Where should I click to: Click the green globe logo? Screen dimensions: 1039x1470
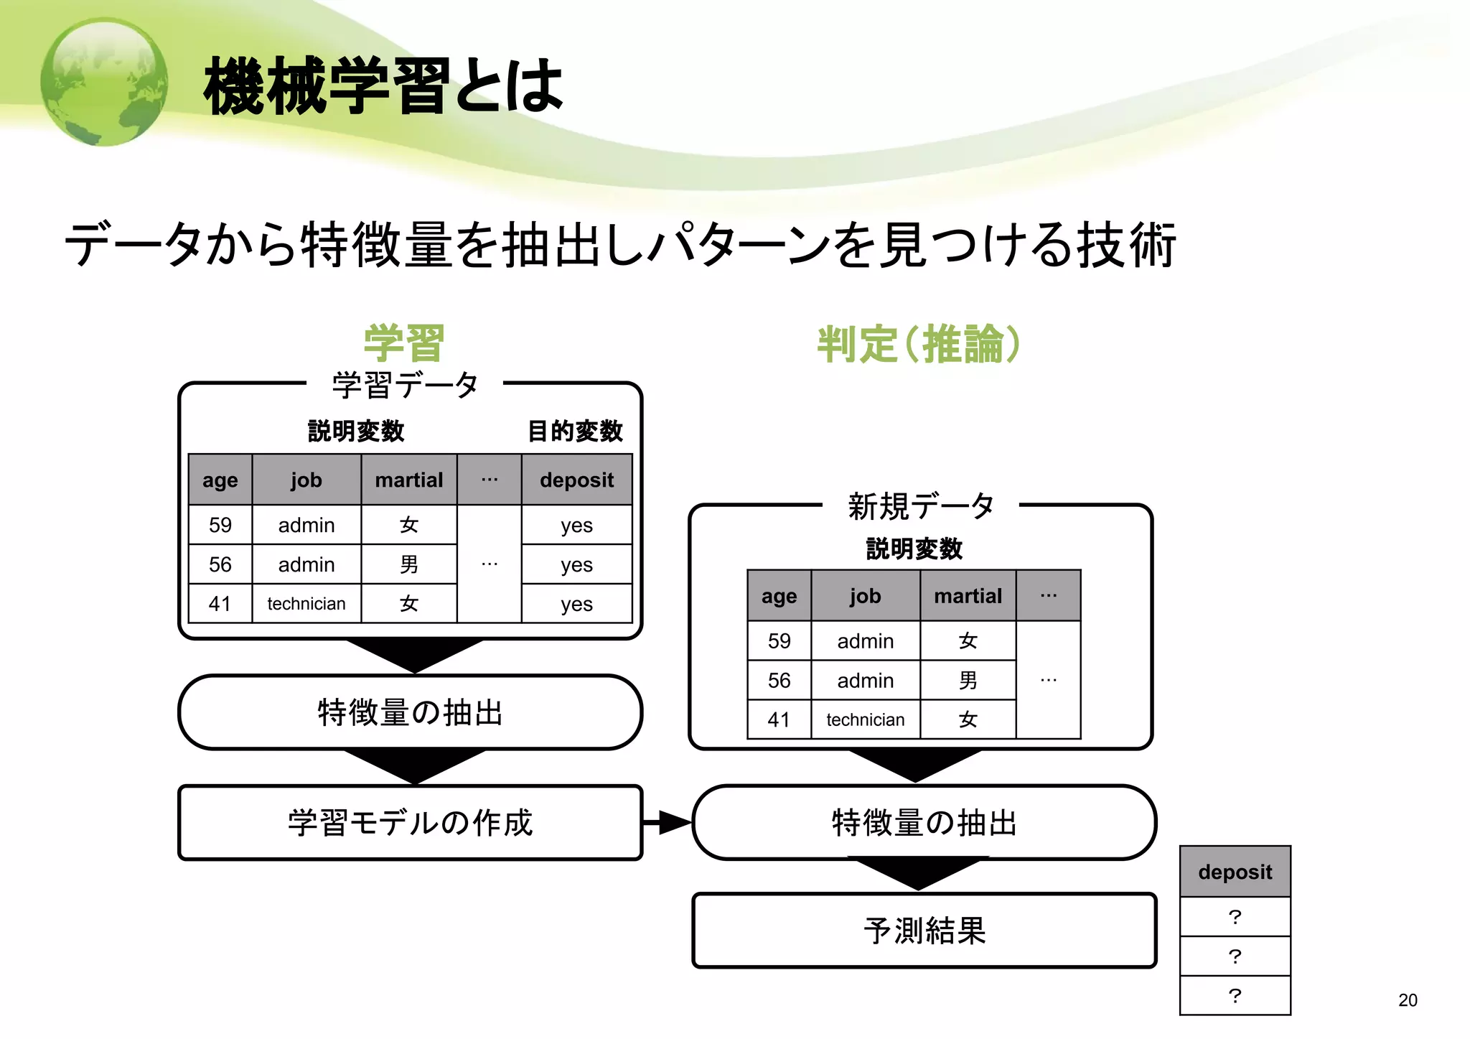(x=105, y=82)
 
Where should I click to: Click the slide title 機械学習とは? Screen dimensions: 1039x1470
(x=383, y=87)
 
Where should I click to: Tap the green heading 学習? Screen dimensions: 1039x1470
(x=404, y=343)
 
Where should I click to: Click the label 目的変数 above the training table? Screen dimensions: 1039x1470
(x=575, y=431)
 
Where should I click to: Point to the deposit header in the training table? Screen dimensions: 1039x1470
(x=576, y=480)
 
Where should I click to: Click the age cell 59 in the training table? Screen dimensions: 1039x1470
(x=220, y=525)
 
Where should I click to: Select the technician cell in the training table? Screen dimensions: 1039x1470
(x=306, y=604)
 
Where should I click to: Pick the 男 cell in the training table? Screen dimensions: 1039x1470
(x=409, y=564)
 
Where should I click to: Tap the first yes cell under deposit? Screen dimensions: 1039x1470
(x=576, y=525)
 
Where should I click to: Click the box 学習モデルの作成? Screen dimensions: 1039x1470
(x=410, y=823)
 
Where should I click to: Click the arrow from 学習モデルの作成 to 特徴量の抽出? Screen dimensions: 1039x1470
(x=668, y=823)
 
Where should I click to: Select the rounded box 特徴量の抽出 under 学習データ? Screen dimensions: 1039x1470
(x=410, y=712)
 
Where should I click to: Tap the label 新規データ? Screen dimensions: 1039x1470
(x=921, y=506)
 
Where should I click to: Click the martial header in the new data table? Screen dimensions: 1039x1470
(x=968, y=596)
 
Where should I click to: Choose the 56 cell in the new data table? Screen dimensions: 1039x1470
(x=780, y=680)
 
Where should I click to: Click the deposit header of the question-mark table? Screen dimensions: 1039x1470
(x=1235, y=872)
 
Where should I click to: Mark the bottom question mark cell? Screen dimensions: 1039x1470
(x=1235, y=995)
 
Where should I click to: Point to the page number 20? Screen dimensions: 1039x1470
(x=1408, y=1000)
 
